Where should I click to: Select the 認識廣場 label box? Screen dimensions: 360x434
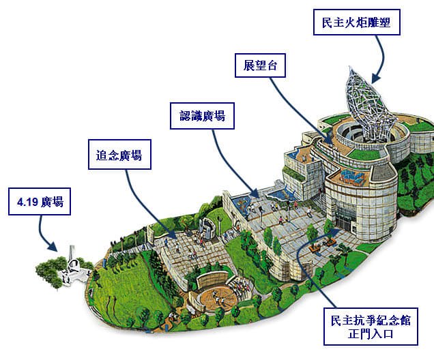[202, 117]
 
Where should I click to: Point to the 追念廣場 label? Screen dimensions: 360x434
[119, 155]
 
